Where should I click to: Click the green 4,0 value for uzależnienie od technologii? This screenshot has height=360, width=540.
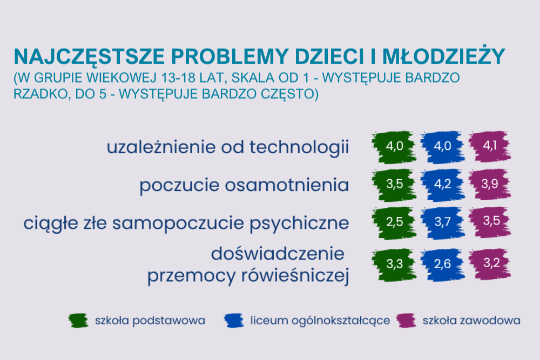click(394, 147)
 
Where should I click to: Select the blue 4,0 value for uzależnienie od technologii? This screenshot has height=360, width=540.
click(443, 147)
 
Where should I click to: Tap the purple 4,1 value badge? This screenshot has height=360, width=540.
click(490, 146)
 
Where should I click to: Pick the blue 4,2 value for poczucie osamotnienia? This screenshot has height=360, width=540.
click(443, 185)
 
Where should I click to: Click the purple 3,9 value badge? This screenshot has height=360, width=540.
click(490, 184)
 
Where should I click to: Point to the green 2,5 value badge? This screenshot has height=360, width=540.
click(394, 222)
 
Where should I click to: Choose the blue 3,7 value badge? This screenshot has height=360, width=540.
click(443, 222)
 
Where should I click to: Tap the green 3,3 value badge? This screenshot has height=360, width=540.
click(394, 264)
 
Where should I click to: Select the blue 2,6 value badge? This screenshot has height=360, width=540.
click(443, 264)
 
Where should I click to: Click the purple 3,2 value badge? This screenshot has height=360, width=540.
click(490, 263)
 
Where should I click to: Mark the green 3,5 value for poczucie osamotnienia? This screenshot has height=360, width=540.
click(394, 185)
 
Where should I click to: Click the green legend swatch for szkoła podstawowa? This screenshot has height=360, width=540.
click(78, 321)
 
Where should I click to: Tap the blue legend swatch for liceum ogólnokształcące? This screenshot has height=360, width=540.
click(234, 321)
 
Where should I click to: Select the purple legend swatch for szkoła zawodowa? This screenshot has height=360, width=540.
click(406, 321)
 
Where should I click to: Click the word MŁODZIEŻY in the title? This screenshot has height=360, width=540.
click(443, 57)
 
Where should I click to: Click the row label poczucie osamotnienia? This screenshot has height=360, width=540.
click(244, 185)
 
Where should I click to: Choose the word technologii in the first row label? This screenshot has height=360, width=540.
click(299, 147)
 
